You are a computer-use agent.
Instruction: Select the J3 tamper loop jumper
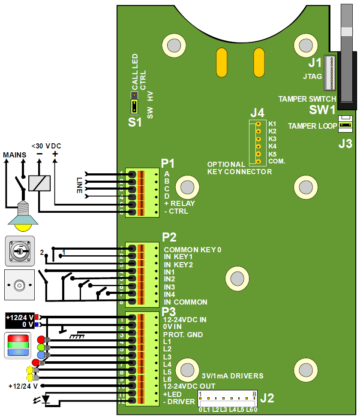pos(345,125)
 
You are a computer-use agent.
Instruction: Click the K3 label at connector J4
pos(272,139)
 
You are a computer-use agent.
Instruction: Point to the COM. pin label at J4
pos(277,161)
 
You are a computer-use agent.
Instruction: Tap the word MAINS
pos(15,154)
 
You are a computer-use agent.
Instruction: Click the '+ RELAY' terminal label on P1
pos(180,203)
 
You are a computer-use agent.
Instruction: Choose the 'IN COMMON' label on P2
pos(186,302)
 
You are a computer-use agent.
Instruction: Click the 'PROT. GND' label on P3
pos(183,335)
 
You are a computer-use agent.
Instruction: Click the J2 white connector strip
pos(227,399)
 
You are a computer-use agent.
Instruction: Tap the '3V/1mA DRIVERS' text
pos(232,376)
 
